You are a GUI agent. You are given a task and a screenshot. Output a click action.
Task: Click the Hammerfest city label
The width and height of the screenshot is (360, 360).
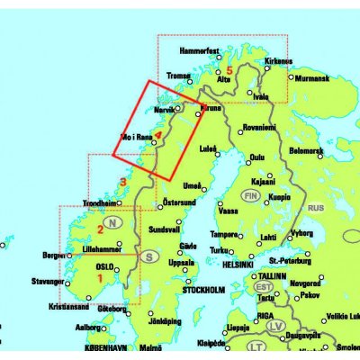point(199,53)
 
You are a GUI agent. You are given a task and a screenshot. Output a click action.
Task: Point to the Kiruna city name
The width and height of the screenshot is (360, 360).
point(211,108)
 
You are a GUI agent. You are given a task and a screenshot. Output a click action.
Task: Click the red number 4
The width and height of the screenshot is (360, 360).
point(158,137)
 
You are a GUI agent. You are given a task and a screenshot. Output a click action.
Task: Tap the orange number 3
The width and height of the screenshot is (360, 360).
point(122,184)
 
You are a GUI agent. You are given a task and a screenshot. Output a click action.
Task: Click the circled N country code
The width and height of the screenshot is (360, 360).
point(112,222)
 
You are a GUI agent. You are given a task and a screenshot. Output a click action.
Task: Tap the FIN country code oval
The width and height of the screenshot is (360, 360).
point(250,193)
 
